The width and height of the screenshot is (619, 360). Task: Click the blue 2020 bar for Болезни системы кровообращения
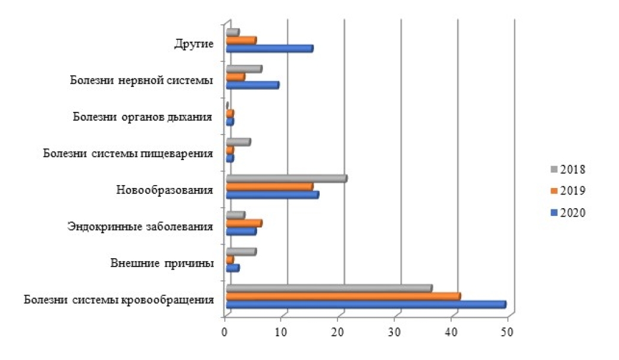point(365,305)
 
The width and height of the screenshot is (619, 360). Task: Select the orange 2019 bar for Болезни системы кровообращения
point(343,296)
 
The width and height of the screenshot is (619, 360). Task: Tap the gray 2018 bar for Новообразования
point(286,178)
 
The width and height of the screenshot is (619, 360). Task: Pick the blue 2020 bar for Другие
point(270,49)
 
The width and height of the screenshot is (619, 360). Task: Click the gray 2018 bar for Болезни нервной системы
point(244,68)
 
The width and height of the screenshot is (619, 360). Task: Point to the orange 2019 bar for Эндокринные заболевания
point(244,223)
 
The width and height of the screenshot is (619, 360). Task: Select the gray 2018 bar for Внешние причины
point(241,252)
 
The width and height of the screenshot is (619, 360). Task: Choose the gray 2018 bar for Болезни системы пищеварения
point(238,142)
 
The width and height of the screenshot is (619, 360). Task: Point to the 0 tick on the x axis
point(225,334)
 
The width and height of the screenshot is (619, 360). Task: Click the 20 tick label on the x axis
point(338,334)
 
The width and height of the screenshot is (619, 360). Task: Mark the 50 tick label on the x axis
point(508,334)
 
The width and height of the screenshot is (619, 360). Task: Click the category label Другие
point(193,43)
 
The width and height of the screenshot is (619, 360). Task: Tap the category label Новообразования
point(165,190)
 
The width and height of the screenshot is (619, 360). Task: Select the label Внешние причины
point(162,264)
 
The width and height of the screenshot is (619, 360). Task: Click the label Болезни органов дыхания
point(143,117)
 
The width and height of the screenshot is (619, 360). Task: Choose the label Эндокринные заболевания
point(140,227)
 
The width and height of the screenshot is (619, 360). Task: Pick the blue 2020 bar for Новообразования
point(272,195)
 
